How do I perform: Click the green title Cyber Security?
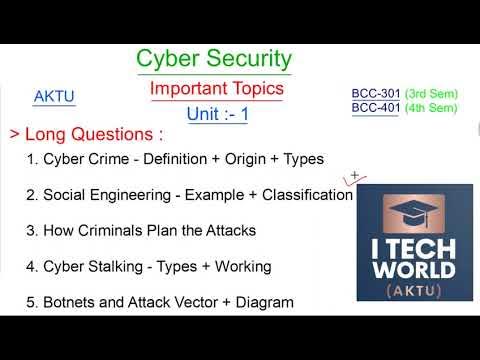tap(213, 59)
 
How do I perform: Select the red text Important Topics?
tap(217, 88)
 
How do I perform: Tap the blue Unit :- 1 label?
tap(216, 114)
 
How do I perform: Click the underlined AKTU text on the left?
tap(54, 97)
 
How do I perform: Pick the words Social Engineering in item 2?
tap(109, 194)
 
